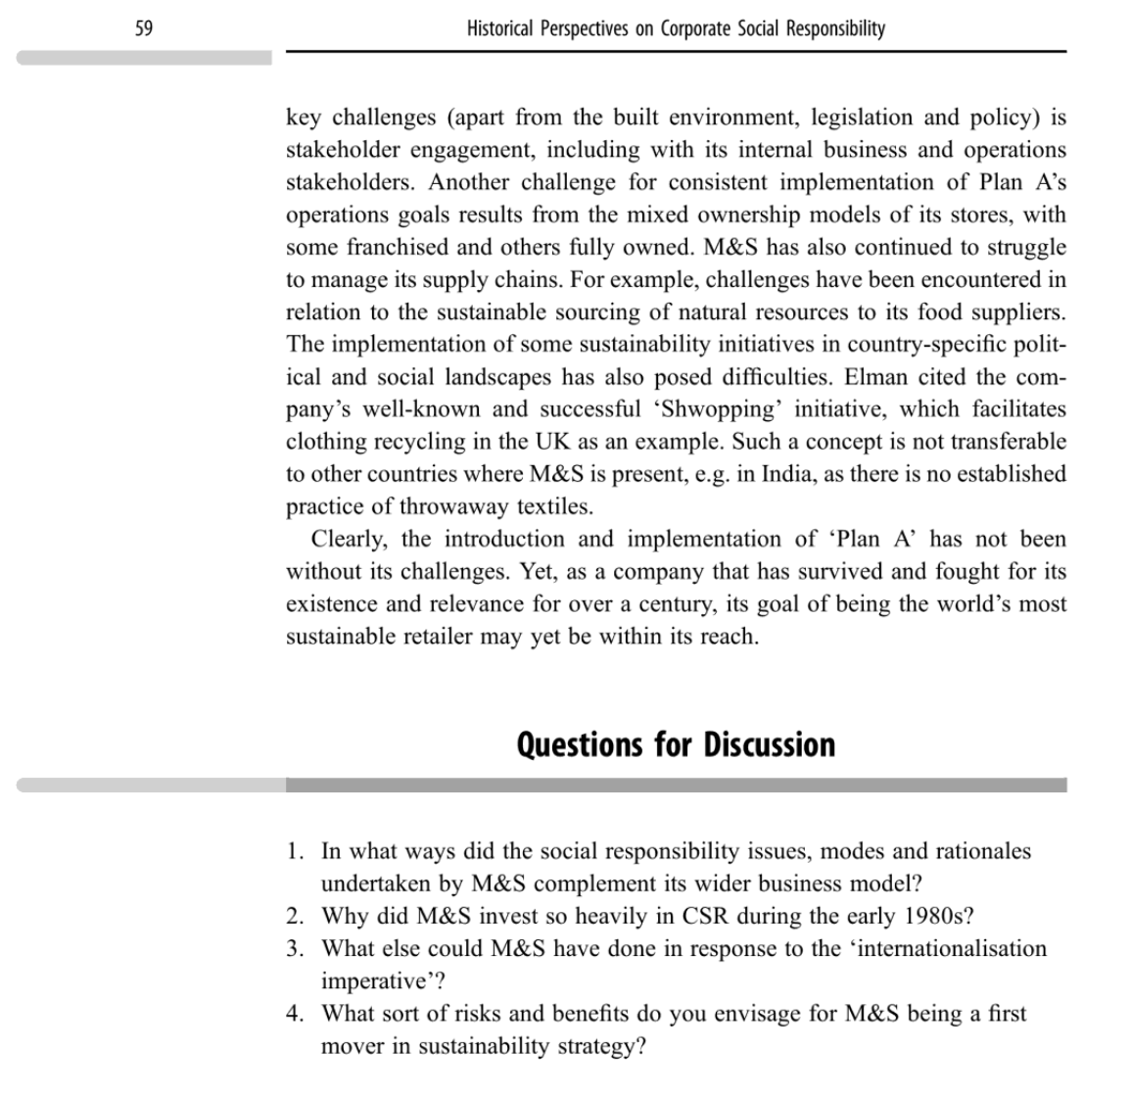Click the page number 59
coord(144,28)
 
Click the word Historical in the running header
coord(500,28)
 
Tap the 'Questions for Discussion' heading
coord(676,744)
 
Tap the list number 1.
coord(295,851)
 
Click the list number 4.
coord(295,1013)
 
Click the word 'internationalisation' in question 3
coord(952,948)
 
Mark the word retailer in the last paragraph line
coord(431,636)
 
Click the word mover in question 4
coord(353,1045)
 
